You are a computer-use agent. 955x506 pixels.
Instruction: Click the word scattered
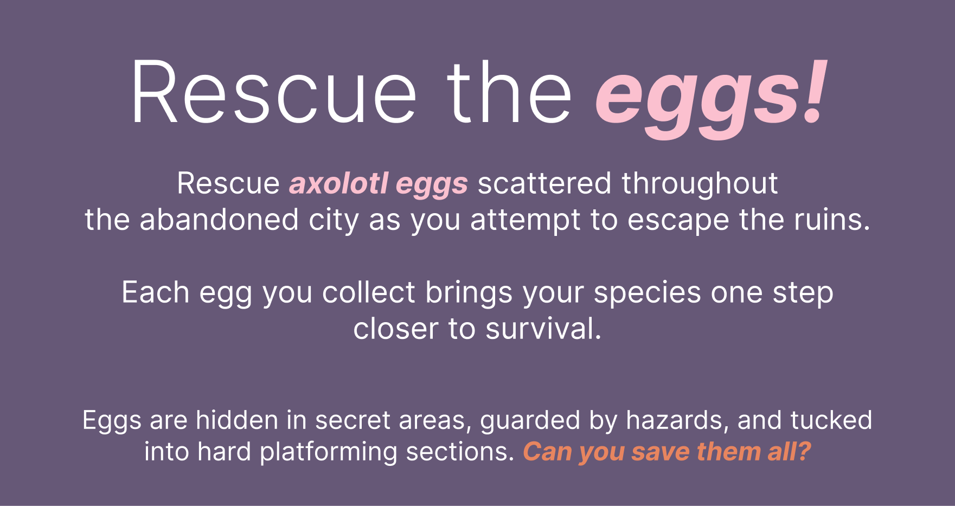(x=545, y=183)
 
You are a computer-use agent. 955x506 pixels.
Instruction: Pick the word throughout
(x=700, y=183)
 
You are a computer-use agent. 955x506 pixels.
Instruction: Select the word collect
(x=369, y=292)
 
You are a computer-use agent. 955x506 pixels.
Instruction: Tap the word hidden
(x=237, y=420)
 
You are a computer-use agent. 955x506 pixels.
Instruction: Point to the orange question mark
(x=804, y=451)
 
